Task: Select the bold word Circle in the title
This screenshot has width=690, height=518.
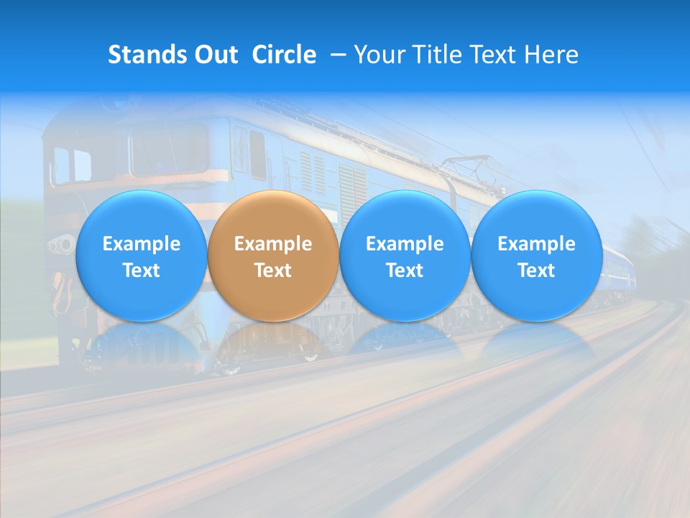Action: coord(284,55)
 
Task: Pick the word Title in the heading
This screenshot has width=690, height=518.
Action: coord(438,55)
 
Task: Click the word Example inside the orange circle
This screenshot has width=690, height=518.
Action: coord(273,244)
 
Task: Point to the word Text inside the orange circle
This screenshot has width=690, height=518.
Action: coord(273,271)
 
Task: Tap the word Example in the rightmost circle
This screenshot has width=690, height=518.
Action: coord(536,244)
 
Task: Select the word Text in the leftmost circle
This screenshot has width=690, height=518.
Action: coord(142,271)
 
